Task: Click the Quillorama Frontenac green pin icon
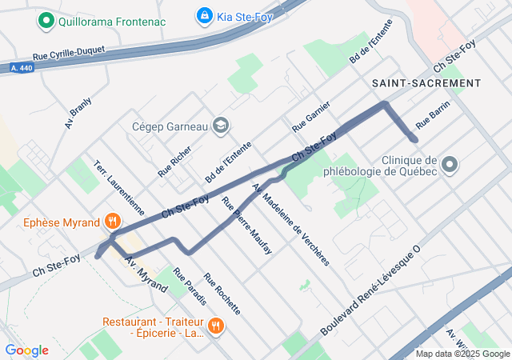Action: [x=46, y=21]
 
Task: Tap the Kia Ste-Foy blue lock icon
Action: [x=204, y=15]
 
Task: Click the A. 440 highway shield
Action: [x=16, y=68]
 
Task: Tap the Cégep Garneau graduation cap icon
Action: [x=220, y=126]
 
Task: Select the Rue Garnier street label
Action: [x=311, y=119]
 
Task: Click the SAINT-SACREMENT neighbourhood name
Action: [x=426, y=83]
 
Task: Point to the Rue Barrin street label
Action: [x=433, y=115]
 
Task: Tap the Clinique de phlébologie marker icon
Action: [x=450, y=165]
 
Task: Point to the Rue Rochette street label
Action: [x=222, y=294]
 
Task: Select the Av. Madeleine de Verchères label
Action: [x=290, y=223]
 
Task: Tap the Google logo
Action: [x=26, y=350]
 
